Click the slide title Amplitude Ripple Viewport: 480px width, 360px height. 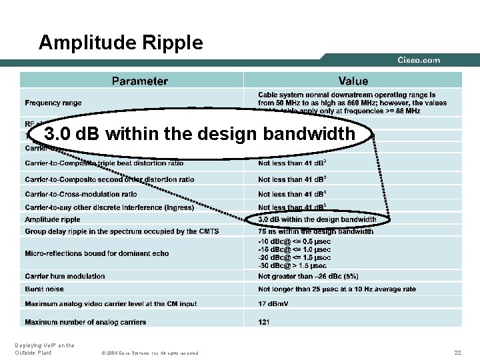(121, 43)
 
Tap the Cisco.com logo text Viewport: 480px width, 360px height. (419, 60)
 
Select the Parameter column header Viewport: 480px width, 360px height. (140, 81)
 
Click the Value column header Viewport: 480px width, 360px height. (353, 81)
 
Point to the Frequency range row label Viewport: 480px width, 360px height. (53, 103)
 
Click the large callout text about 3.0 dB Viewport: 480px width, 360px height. (199, 134)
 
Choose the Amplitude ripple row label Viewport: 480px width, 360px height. (53, 219)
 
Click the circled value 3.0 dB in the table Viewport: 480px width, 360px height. (317, 219)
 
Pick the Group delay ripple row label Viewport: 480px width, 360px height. (122, 231)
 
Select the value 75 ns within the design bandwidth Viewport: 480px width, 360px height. (315, 231)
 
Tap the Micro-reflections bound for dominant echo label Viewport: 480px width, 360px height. (97, 253)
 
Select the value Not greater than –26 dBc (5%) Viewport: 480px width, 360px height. (308, 276)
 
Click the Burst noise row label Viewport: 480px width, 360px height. (45, 289)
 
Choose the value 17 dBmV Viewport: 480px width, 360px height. (273, 304)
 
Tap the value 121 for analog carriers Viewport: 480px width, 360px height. (264, 322)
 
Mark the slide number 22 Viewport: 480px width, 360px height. (457, 352)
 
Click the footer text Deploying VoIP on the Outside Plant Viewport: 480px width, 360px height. (44, 349)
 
